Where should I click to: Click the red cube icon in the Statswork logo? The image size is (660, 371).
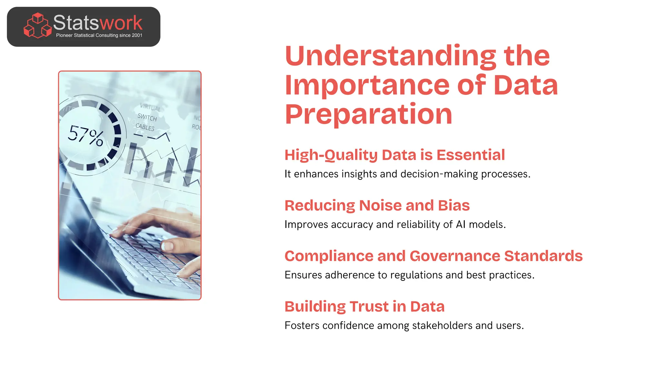click(x=38, y=25)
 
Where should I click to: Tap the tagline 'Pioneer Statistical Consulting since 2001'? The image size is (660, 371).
click(x=99, y=35)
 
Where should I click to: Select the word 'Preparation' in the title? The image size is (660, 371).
click(x=369, y=114)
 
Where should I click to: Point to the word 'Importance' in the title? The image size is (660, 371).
click(x=367, y=85)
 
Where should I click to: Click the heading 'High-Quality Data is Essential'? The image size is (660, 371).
click(x=394, y=155)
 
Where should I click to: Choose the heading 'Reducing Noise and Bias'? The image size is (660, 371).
click(x=377, y=205)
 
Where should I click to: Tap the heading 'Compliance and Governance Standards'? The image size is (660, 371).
click(x=433, y=256)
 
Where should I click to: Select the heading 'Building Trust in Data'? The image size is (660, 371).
click(x=364, y=307)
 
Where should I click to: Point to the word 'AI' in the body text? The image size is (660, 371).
click(x=461, y=224)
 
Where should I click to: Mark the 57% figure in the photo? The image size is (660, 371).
click(x=86, y=136)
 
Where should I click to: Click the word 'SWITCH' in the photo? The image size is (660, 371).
click(x=147, y=118)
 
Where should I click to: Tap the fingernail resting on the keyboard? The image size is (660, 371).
click(x=167, y=246)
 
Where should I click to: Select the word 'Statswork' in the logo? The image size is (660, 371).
click(x=97, y=23)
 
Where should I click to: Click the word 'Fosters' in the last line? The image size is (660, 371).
click(x=302, y=326)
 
